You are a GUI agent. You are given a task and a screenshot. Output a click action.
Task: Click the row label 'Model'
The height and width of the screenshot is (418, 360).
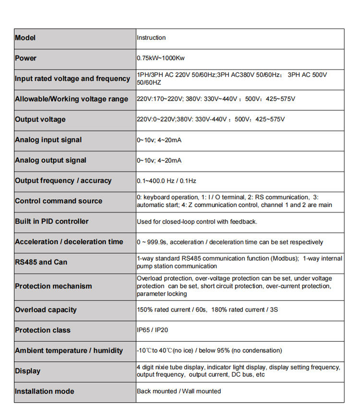point(25,38)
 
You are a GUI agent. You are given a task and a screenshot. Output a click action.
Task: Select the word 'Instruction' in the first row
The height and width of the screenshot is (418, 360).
point(151,38)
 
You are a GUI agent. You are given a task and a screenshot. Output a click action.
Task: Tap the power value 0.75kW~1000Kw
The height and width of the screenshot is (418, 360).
point(160,58)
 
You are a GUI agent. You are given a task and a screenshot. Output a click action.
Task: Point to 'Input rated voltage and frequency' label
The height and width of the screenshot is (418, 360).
point(72,79)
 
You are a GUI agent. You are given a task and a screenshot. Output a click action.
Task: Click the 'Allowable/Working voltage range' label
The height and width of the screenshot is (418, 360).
point(72,99)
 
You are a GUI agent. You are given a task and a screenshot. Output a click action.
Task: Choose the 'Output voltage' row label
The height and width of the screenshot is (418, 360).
point(40,119)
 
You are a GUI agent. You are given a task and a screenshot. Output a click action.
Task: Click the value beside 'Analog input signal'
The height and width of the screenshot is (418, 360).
point(159,140)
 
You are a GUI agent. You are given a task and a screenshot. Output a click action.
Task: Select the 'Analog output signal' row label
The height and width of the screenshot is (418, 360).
point(50,160)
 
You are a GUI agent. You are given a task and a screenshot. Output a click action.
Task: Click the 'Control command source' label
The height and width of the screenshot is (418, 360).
point(59,201)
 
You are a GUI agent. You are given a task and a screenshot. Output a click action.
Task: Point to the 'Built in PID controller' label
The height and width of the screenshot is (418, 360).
point(52,221)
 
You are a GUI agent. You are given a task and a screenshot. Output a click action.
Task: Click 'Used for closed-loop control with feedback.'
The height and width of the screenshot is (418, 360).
point(197,221)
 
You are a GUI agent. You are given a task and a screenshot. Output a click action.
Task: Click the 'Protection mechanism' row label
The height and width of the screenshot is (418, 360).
point(53,286)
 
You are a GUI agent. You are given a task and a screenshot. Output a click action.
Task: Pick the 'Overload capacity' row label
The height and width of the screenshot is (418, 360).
point(46,310)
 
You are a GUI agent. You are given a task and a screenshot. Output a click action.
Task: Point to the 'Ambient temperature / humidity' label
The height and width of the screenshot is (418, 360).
point(69,351)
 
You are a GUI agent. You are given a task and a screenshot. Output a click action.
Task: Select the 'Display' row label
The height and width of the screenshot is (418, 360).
point(27,371)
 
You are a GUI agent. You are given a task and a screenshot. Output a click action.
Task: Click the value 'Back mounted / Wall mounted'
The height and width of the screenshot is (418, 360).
point(179,391)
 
